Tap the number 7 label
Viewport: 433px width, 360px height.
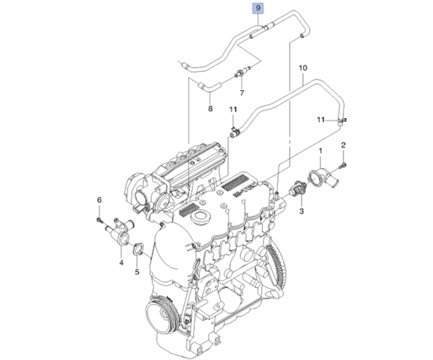(x=242, y=93)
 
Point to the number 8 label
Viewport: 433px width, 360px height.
(x=210, y=109)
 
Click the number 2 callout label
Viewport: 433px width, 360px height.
(x=344, y=146)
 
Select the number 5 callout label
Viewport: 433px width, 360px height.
(x=136, y=273)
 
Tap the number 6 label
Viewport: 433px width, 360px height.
(x=100, y=200)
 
